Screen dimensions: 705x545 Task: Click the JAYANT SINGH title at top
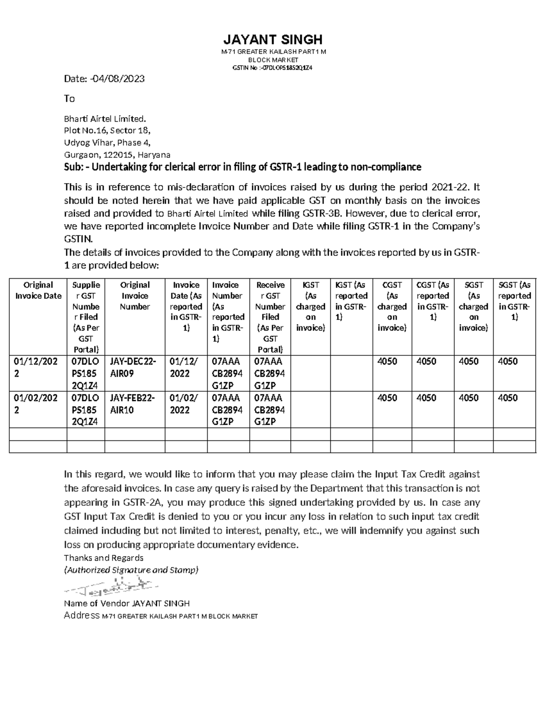click(273, 39)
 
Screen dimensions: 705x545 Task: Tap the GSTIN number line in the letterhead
click(272, 68)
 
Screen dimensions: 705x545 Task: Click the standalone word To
click(69, 99)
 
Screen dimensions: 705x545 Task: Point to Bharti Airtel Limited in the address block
click(105, 119)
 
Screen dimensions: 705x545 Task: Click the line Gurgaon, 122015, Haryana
click(117, 155)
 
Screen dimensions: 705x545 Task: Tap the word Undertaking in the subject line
click(120, 167)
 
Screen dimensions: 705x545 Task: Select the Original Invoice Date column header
click(38, 291)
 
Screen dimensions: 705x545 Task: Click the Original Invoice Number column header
click(135, 296)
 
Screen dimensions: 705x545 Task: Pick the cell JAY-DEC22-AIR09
click(133, 367)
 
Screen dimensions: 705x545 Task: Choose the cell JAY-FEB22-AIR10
click(133, 404)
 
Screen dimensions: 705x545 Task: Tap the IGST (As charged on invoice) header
click(311, 306)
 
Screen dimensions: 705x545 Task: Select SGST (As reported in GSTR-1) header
click(514, 301)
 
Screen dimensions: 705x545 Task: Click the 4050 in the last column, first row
click(508, 361)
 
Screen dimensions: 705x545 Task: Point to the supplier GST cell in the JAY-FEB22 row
click(85, 409)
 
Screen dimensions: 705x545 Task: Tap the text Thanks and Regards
click(104, 558)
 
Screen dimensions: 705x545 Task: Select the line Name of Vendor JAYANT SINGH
click(127, 603)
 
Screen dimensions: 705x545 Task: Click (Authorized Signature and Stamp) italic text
click(131, 570)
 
